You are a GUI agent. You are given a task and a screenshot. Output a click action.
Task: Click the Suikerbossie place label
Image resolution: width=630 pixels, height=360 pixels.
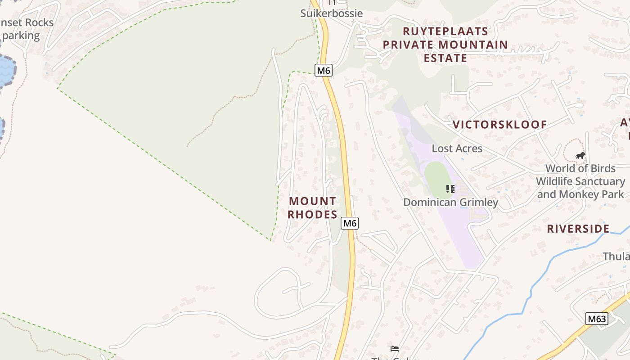(331, 13)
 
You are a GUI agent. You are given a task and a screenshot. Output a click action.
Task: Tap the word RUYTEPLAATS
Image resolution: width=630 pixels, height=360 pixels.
(445, 31)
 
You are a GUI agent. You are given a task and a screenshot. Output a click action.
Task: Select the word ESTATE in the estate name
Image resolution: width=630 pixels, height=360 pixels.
(445, 58)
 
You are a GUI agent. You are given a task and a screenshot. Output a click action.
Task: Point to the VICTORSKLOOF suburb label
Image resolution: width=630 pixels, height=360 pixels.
(499, 125)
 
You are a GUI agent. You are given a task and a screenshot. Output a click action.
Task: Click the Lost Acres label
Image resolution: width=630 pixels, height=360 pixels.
(457, 148)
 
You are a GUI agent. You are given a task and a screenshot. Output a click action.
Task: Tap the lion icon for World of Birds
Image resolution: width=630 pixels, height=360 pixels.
(580, 156)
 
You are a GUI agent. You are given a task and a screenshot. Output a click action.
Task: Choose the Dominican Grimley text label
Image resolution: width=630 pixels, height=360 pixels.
(450, 202)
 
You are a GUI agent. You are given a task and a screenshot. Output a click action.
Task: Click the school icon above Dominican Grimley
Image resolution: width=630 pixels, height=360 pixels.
(450, 189)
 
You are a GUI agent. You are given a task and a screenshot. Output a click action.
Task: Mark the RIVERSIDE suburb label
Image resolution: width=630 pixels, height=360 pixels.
(578, 229)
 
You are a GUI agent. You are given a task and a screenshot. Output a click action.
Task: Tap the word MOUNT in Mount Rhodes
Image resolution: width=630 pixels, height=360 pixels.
(312, 201)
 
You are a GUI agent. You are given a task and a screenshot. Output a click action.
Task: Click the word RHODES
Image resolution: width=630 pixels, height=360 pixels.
(312, 215)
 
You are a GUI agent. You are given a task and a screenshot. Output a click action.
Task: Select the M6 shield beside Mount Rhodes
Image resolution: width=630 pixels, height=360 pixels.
(349, 223)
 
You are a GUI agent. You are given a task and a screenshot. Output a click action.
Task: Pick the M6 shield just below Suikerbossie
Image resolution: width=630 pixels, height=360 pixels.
(323, 70)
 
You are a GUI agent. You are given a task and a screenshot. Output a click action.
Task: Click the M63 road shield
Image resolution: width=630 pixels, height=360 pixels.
(597, 319)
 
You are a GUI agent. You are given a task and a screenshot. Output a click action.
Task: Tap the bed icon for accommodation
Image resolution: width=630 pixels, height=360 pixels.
(395, 348)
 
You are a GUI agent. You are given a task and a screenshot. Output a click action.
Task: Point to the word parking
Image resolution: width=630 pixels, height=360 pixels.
(21, 36)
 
